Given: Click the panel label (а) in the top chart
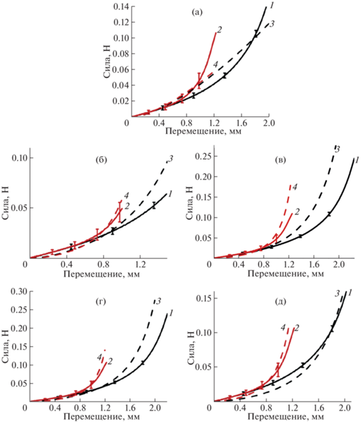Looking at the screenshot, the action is coord(197,12).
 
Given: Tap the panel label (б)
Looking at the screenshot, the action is coord(102,160).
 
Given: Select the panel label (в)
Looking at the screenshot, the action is coord(281,160).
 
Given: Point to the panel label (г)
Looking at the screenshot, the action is coord(101,301).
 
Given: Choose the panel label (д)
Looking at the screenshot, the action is coord(281,301).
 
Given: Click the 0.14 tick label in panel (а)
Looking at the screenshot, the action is coord(121,6).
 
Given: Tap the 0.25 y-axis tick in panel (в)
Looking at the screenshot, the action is coord(203,157).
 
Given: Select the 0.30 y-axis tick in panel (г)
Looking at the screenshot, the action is coord(18,291).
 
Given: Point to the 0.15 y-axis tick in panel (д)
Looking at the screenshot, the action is coord(203,299).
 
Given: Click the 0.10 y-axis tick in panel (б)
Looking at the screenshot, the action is coord(19,157).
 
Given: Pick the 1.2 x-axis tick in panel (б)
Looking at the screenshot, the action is coord(140,265).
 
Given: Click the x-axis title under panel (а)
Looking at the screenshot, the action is coord(203,131).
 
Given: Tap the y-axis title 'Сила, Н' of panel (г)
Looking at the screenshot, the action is coord(6,345).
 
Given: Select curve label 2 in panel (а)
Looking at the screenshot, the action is coord(220,30).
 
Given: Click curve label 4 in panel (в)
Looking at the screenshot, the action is coord(295,187).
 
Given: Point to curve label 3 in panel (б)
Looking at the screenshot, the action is coord(170,159).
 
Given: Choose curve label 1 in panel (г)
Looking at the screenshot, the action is coord(171,313).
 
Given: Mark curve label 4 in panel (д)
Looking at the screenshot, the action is coord(283,328).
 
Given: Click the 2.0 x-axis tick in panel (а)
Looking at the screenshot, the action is coord(269,123).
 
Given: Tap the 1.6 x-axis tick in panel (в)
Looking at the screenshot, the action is coord(314,265).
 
